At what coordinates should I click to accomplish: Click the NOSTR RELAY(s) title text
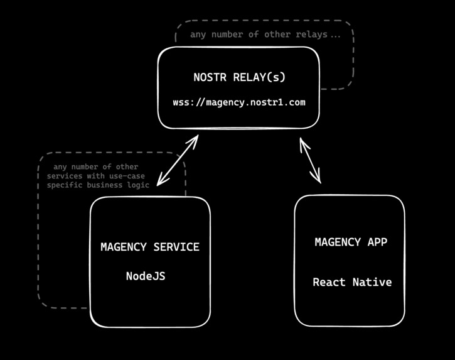[239, 77]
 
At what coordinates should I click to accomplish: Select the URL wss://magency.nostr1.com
[239, 102]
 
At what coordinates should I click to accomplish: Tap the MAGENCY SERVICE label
[150, 247]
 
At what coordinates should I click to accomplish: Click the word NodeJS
[146, 276]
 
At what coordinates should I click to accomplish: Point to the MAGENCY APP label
[351, 242]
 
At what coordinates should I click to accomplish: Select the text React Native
[352, 282]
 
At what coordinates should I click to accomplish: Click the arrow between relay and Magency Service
[178, 160]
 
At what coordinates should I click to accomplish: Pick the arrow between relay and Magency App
[310, 161]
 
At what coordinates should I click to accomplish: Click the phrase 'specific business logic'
[98, 185]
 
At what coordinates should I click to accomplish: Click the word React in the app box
[329, 282]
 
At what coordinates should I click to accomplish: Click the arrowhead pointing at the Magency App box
[318, 178]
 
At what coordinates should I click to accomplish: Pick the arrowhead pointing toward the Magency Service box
[161, 182]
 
